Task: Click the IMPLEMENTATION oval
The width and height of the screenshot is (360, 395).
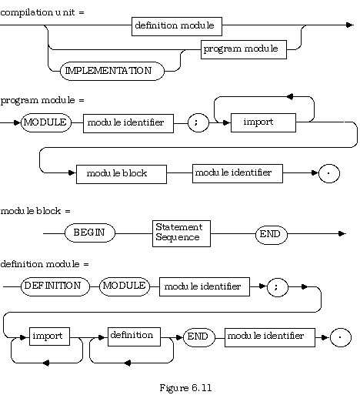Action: point(112,71)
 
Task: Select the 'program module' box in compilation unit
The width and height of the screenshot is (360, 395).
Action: point(244,49)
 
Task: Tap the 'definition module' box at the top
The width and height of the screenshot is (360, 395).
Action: point(177,26)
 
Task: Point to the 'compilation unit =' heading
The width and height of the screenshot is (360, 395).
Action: point(42,12)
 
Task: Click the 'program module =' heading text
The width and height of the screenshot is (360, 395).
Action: point(42,100)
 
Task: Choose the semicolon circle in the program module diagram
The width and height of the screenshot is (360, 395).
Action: point(198,122)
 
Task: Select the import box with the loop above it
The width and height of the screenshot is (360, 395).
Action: point(263,122)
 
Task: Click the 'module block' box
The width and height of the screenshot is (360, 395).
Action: point(122,174)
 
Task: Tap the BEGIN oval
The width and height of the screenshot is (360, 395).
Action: point(90,233)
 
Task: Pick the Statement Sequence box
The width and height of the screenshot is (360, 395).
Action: point(182,233)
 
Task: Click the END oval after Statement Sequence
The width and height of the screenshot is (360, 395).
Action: point(271,235)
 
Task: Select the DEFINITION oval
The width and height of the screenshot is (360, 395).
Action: point(55,286)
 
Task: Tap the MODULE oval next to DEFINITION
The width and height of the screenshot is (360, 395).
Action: point(124,286)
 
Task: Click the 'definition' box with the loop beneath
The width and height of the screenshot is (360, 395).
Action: point(134,336)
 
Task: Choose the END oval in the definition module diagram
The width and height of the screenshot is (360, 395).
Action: point(199,337)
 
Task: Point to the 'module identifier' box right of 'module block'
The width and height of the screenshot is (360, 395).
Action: point(238,173)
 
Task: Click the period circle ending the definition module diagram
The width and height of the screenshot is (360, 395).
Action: point(341,337)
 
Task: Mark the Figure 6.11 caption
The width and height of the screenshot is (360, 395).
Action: point(185,387)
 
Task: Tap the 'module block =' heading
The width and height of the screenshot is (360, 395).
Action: point(35,211)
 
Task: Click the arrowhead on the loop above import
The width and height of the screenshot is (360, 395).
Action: point(290,96)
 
